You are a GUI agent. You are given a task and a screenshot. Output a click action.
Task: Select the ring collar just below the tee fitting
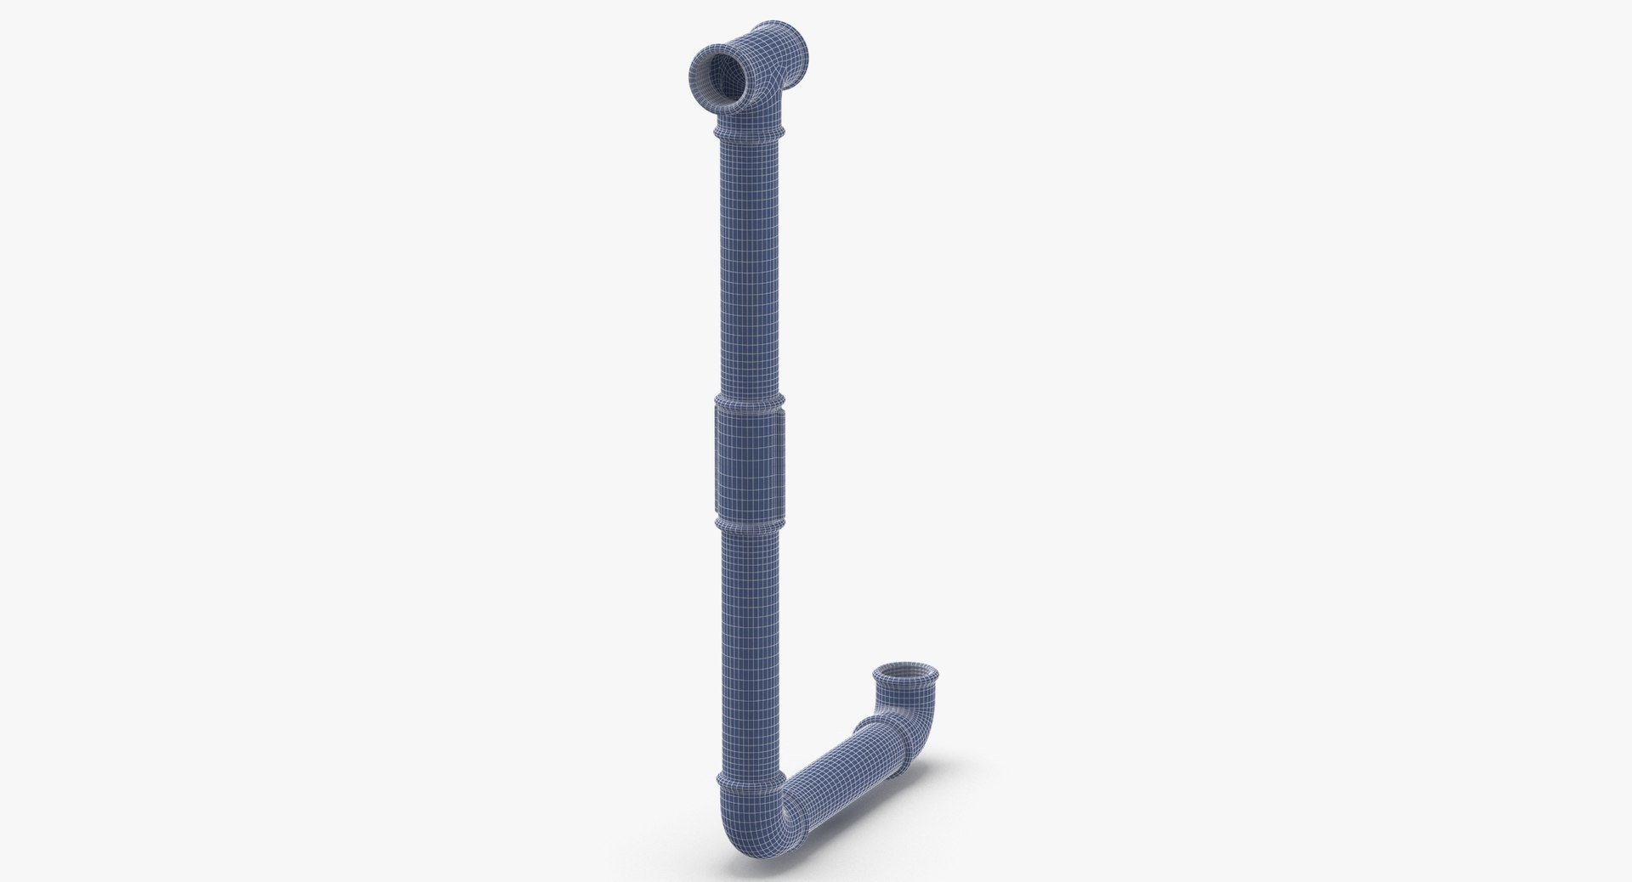pos(746,134)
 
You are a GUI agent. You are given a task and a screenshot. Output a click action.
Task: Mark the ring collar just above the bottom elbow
pos(746,754)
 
